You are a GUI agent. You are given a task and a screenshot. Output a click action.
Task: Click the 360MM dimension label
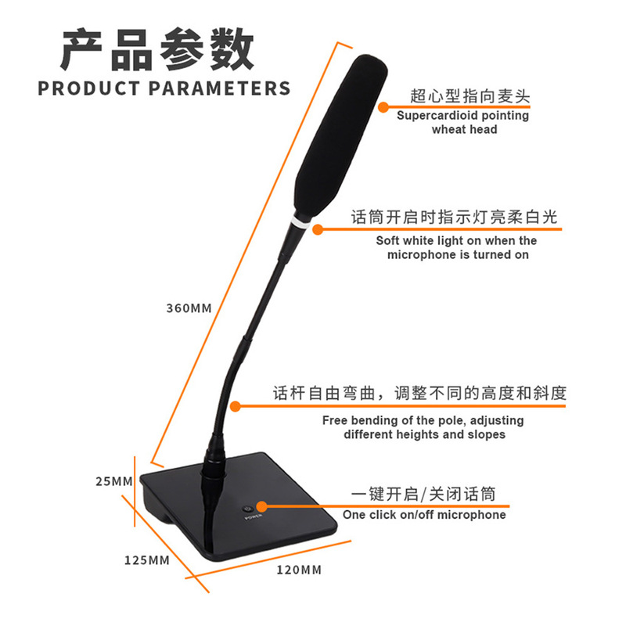(x=189, y=308)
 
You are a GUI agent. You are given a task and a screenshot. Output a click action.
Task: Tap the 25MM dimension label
(x=115, y=481)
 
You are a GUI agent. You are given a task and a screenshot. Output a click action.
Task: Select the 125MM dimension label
(x=146, y=560)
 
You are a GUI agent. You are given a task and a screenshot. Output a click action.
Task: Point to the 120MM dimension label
(x=299, y=570)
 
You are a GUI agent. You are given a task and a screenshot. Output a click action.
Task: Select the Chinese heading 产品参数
(x=158, y=49)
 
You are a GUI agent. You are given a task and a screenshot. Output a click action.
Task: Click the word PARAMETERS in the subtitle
(x=219, y=88)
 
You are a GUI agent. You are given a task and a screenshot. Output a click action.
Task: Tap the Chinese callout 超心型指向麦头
(x=470, y=97)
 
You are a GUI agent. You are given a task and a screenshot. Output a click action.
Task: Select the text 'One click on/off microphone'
(x=424, y=515)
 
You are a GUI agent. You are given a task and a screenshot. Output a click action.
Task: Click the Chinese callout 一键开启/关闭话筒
(x=423, y=495)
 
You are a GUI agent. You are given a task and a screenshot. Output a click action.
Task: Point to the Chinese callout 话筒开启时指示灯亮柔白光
(x=454, y=218)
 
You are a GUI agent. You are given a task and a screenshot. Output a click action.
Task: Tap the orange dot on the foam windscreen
(x=383, y=107)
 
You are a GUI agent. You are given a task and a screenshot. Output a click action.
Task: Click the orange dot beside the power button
(x=261, y=507)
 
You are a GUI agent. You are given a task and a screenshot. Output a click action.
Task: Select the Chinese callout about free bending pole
(x=419, y=393)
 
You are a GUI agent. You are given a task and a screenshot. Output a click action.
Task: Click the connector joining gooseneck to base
(x=213, y=468)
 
